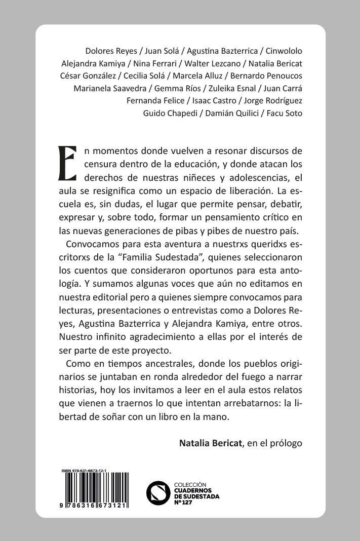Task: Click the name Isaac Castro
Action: (x=212, y=100)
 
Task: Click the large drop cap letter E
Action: (x=67, y=163)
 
